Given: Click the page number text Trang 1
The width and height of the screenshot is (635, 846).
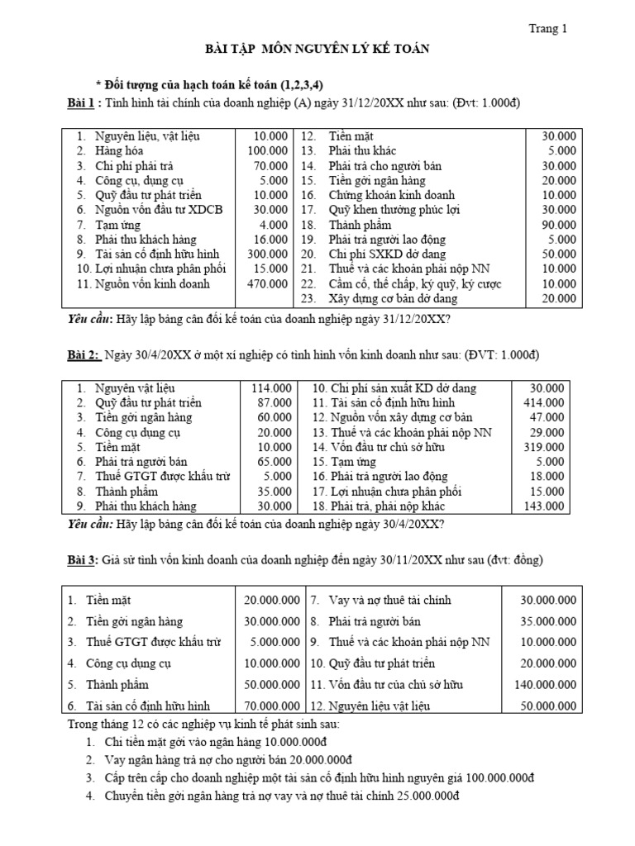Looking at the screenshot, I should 548,29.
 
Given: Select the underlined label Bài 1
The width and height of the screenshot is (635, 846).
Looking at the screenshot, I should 83,102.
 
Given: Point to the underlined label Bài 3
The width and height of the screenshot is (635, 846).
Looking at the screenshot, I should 83,560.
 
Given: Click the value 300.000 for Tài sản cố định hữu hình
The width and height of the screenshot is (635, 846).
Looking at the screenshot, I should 268,254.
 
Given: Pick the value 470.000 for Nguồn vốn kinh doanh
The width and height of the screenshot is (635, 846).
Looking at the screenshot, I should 268,283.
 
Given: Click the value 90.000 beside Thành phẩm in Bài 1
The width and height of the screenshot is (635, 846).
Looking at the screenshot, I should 559,225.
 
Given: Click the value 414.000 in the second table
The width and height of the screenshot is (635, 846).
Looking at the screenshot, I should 546,402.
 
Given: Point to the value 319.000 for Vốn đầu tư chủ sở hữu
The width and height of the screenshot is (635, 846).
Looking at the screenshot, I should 546,447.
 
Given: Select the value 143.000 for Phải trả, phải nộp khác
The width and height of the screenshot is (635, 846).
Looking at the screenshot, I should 546,506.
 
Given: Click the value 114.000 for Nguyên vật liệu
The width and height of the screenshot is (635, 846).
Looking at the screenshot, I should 270,387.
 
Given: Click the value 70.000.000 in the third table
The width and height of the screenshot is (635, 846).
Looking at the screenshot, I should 266,706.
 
